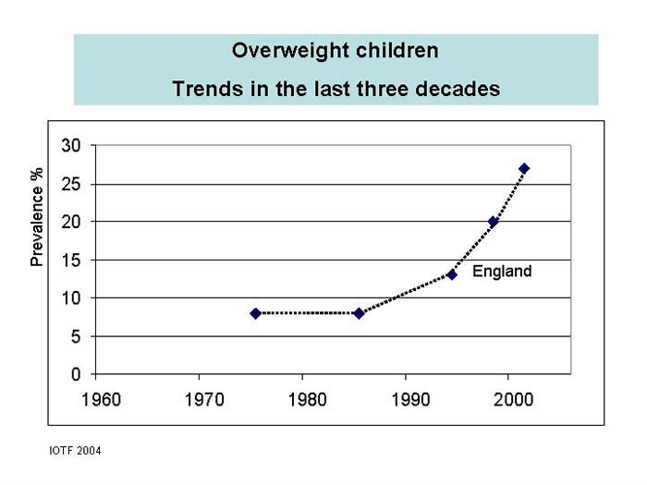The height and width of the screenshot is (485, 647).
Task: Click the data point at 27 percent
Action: pos(524,168)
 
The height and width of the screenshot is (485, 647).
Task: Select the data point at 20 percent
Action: pos(493,222)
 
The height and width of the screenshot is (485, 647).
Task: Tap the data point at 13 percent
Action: pos(452,274)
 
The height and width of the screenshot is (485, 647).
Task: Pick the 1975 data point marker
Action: pos(255,313)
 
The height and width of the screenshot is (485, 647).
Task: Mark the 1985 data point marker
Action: pos(359,313)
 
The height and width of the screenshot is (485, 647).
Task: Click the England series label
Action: pos(502,272)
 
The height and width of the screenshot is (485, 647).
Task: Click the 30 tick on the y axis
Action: pos(72,146)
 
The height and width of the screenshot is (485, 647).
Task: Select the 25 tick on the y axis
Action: pos(72,184)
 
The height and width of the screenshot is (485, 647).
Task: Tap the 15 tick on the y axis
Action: pos(72,261)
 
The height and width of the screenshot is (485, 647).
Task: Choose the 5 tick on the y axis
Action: pos(77,337)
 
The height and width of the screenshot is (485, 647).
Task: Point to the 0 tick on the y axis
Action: pos(77,375)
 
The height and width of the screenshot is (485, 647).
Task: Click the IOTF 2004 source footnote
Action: pos(75,451)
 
